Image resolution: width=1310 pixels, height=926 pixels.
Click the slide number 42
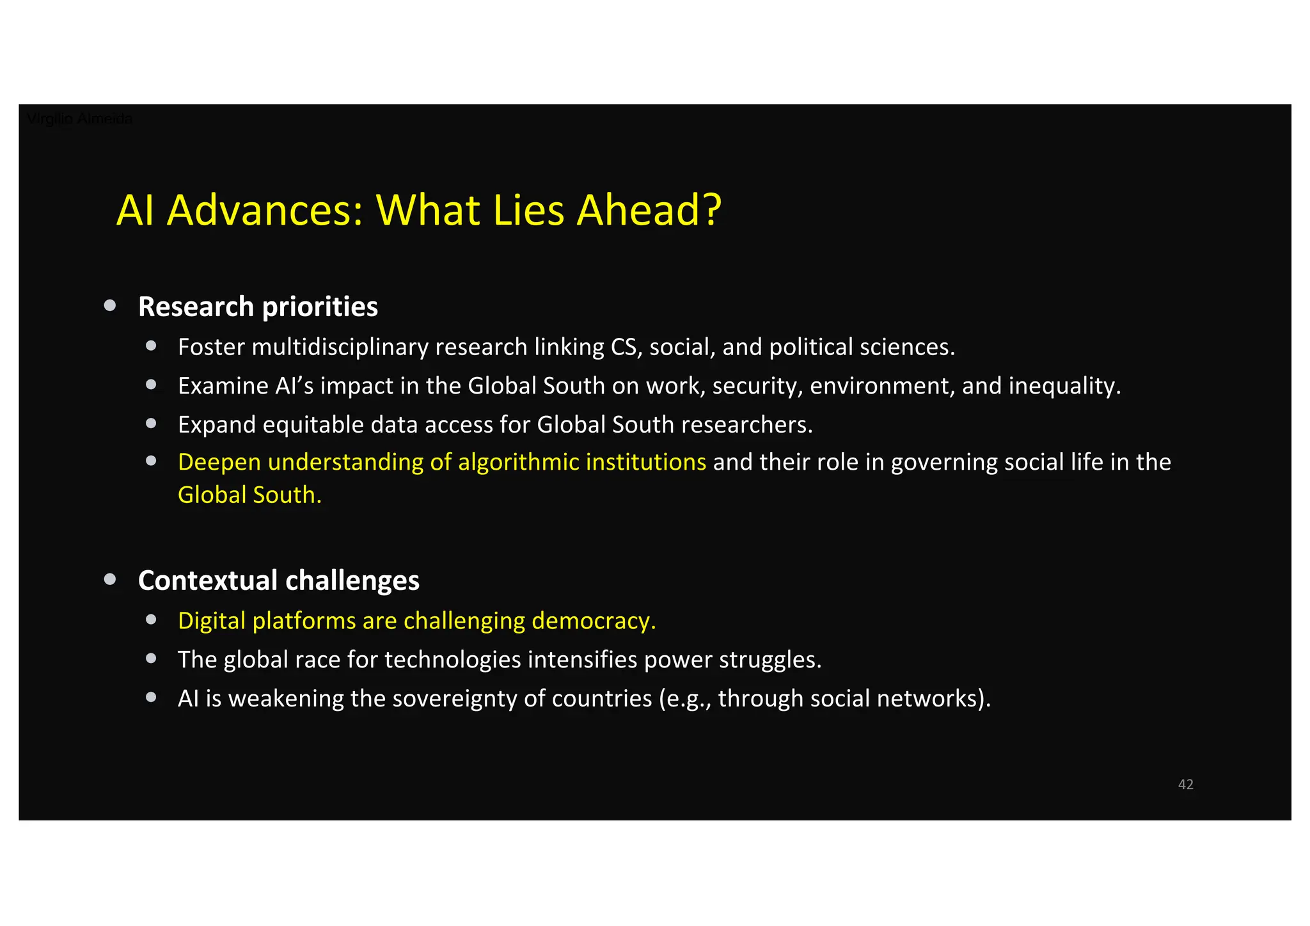(1185, 784)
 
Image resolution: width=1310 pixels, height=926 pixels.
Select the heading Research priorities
(258, 307)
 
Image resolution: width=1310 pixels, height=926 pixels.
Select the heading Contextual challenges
(279, 580)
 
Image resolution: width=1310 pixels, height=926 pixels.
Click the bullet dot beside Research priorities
(110, 305)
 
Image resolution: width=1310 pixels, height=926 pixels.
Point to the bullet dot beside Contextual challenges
(110, 579)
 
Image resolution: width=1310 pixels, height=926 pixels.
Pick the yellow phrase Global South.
(249, 495)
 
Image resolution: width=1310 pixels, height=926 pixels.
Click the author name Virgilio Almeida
(79, 119)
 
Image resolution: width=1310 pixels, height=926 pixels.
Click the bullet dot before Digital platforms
(151, 619)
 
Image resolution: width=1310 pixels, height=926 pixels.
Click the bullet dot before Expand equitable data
(151, 423)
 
